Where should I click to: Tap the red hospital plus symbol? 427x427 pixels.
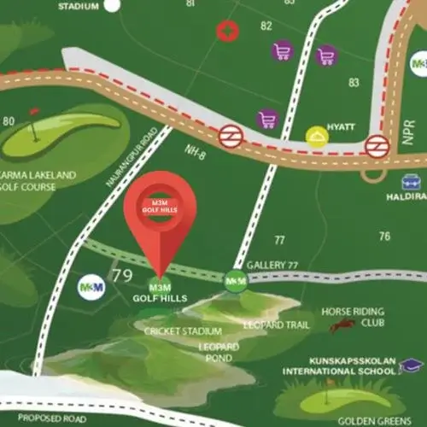(x=226, y=32)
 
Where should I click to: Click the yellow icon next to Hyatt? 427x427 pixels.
(x=318, y=136)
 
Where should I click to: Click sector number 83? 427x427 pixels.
(x=354, y=82)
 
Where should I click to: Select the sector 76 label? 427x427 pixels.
(x=384, y=237)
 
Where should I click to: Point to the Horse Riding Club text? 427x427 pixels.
(x=353, y=317)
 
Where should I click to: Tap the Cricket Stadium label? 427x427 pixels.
(x=183, y=330)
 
